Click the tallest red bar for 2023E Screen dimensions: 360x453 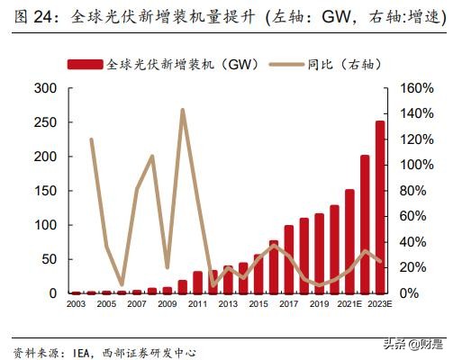(x=379, y=207)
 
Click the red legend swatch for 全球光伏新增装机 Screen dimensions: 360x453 (x=86, y=64)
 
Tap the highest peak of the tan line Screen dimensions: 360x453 (x=183, y=111)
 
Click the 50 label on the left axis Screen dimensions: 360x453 (x=49, y=259)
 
